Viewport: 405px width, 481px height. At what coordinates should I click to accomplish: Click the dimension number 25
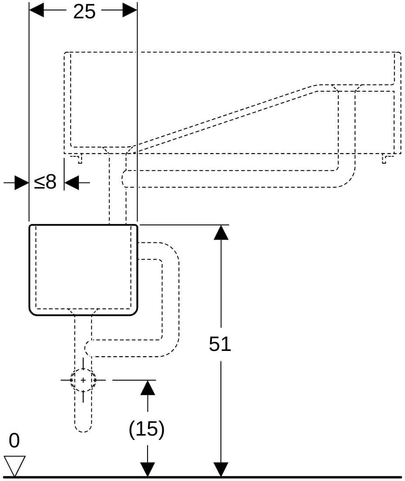click(84, 12)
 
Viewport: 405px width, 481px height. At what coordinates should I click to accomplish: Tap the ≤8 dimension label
click(45, 182)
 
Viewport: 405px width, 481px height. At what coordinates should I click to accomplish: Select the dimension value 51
click(220, 344)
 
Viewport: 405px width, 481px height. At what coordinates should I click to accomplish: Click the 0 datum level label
click(14, 441)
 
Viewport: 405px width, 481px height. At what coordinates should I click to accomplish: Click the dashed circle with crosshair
click(83, 380)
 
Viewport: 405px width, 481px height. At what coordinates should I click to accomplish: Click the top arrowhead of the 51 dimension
click(221, 232)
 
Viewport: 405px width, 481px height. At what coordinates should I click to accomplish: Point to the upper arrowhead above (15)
click(148, 388)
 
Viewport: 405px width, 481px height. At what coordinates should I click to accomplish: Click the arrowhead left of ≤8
click(21, 183)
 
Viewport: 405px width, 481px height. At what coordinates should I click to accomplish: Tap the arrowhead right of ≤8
click(72, 183)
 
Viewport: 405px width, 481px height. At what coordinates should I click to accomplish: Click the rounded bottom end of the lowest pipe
click(83, 428)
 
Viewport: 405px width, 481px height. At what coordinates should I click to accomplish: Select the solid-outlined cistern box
click(83, 270)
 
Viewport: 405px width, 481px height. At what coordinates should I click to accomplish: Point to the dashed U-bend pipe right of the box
click(171, 299)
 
